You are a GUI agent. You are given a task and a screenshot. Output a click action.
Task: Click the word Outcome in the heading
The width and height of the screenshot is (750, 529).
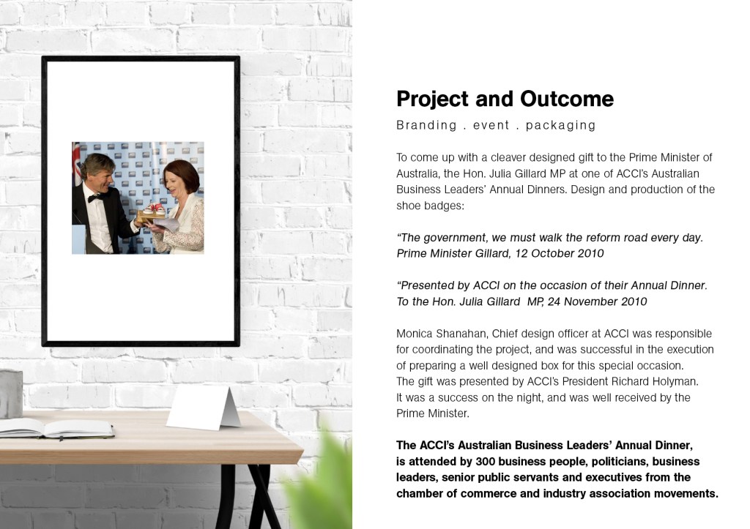click(566, 99)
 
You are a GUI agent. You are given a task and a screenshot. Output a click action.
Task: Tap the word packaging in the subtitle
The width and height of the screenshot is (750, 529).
click(560, 125)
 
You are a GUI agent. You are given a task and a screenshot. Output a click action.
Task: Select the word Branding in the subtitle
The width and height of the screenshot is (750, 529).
click(427, 125)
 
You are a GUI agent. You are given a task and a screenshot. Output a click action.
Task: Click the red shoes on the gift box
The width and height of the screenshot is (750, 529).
click(154, 209)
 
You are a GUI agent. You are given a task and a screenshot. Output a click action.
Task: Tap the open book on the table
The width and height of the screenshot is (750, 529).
click(56, 428)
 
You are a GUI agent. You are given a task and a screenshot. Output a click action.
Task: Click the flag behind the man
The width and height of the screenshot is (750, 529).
click(76, 162)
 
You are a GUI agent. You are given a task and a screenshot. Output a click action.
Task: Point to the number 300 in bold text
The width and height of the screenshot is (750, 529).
click(485, 462)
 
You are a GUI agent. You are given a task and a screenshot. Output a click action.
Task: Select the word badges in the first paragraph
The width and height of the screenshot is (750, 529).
click(442, 206)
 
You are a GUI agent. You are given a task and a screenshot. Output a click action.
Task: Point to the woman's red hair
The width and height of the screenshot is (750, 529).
click(182, 175)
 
